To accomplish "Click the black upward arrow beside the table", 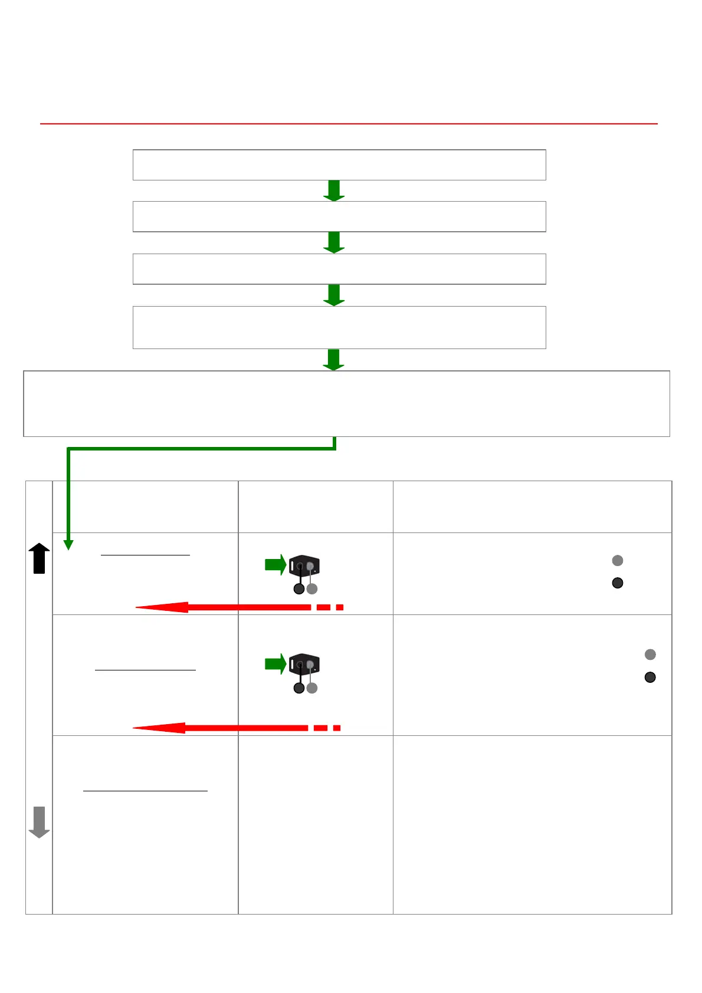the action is pos(39,558).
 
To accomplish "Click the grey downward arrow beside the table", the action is pos(39,822).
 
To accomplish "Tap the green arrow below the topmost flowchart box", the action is pos(334,190).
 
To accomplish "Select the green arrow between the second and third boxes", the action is pos(334,242).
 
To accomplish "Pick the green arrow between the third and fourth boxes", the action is pos(334,295).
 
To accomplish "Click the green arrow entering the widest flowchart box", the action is pos(334,360).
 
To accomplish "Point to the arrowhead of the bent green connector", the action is pos(68,544).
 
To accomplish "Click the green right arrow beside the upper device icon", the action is pos(275,565).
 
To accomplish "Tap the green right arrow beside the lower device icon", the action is pos(275,664).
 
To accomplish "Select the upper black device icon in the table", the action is pos(304,566).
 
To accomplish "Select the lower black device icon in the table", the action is pos(304,665).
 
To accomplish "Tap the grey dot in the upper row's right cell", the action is pos(618,560).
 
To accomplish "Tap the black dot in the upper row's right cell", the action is pos(618,583).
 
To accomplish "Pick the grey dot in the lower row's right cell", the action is pos(650,655).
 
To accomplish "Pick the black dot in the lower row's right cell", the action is pos(650,677).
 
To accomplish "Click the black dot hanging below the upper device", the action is pos(299,588).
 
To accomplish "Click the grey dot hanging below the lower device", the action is pos(312,688).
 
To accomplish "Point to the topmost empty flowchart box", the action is pos(339,165).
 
